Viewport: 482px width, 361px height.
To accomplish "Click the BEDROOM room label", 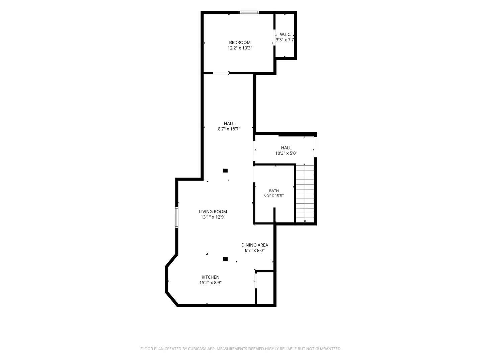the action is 240,42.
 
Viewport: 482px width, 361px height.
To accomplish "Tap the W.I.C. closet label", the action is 286,34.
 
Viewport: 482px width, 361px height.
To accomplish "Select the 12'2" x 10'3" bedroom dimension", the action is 240,48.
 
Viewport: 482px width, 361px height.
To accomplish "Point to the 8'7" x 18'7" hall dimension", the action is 229,129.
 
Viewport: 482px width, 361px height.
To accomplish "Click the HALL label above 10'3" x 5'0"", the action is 286,148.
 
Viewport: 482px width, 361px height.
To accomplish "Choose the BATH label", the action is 274,191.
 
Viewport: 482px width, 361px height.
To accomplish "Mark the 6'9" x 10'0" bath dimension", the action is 274,195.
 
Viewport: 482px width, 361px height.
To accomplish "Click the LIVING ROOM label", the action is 213,212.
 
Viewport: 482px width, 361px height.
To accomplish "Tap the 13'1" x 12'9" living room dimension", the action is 213,217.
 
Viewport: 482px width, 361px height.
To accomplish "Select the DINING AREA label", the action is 254,245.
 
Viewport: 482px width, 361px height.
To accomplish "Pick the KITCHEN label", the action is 210,277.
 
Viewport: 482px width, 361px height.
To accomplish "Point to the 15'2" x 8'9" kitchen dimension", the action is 210,282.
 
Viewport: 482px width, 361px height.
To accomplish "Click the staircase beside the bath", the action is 305,194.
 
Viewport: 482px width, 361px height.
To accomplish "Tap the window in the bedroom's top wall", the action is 249,12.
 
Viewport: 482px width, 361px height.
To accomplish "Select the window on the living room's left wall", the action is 176,217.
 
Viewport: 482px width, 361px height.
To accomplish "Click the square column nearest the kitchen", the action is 225,259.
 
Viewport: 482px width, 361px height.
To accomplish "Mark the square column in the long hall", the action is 225,170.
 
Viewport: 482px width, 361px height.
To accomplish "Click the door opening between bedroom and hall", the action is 221,73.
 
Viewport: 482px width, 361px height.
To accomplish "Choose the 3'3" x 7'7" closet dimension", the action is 285,40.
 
